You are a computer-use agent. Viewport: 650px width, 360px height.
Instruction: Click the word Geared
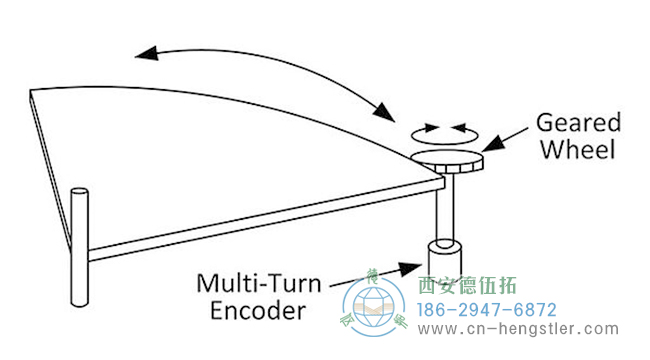(x=579, y=123)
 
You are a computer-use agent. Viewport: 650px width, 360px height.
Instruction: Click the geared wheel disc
(x=447, y=159)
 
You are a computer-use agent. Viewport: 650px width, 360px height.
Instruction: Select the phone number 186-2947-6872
(x=486, y=310)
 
